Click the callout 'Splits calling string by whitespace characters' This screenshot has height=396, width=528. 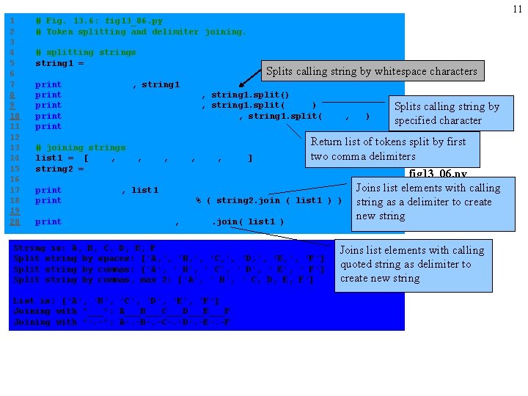pos(371,71)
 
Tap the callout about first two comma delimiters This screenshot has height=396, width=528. pos(392,149)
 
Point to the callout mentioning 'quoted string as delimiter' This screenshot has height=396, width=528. pos(413,264)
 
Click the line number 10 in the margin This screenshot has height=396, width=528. pos(14,116)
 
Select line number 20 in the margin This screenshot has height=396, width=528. pos(14,221)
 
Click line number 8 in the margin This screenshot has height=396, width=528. pos(12,95)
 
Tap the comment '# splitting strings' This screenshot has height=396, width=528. pos(85,52)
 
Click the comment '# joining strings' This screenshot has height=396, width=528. pos(80,147)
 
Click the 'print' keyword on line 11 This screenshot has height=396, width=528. pos(48,126)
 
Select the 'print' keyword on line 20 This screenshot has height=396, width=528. pos(48,221)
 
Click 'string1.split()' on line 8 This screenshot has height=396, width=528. pos(250,95)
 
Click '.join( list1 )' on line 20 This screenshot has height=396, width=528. pos(248,221)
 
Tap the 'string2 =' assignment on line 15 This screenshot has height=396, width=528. pos(59,169)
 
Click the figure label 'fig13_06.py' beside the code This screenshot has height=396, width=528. pos(437,174)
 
